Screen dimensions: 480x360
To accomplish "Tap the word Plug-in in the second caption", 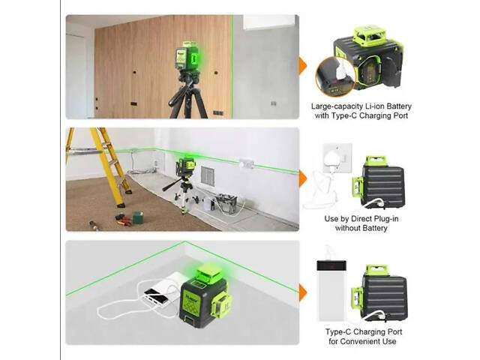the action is (384, 219).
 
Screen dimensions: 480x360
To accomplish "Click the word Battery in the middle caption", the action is (373, 228).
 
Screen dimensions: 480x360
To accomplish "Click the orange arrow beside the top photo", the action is (302, 66).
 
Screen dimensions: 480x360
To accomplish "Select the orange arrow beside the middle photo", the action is (302, 178).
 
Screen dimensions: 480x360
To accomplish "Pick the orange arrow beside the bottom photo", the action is (302, 292).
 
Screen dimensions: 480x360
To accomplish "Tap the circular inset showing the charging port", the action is (335, 76).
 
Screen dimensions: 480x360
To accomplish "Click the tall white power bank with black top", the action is (331, 290).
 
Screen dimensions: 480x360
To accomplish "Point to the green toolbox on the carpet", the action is (138, 217).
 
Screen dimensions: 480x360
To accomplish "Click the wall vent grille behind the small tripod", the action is (207, 176).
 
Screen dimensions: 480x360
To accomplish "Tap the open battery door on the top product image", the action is (389, 72).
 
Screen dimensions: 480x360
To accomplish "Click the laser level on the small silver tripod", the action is (185, 167).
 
